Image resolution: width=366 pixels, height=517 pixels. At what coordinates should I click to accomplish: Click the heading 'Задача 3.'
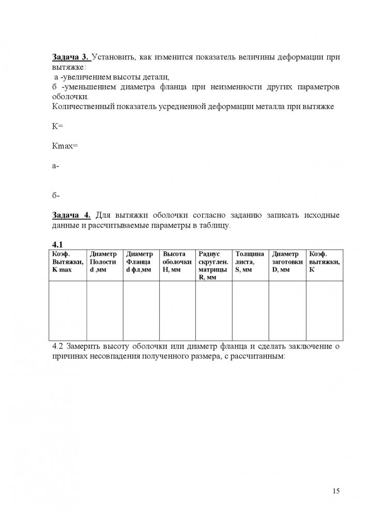tap(70, 58)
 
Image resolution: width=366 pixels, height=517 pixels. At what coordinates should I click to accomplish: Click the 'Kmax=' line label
tap(65, 146)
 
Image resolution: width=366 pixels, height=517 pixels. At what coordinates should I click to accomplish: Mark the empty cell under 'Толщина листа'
tap(250, 311)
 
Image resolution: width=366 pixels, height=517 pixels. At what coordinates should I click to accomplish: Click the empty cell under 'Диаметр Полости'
tap(104, 311)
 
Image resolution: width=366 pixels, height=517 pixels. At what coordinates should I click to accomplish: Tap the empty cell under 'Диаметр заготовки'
tap(287, 311)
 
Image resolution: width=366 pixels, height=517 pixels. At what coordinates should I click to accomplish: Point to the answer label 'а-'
tap(56, 166)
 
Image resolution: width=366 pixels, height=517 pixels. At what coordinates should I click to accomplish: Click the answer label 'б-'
tap(56, 195)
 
